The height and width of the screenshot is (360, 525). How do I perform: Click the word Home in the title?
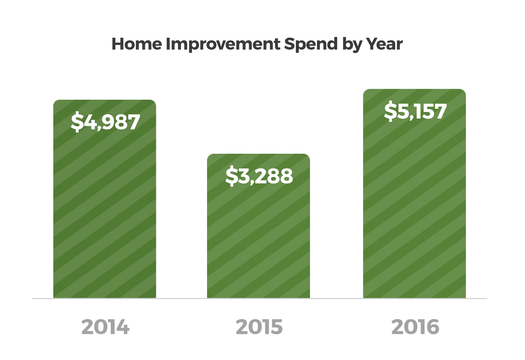click(x=137, y=44)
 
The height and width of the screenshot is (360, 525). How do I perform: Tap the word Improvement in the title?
click(x=223, y=45)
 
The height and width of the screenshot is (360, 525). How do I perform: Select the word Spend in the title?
click(x=311, y=45)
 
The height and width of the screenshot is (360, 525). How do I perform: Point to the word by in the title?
click(x=351, y=45)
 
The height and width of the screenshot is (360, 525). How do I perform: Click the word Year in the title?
click(x=384, y=44)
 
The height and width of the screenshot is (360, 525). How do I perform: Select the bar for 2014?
click(x=104, y=199)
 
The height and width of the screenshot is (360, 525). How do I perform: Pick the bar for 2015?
click(x=258, y=226)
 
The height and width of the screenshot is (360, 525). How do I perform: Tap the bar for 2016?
click(x=414, y=194)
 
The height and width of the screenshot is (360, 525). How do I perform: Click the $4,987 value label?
click(x=105, y=122)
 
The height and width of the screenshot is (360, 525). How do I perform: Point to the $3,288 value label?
click(x=259, y=176)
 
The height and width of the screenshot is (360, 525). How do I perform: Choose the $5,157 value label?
click(x=415, y=111)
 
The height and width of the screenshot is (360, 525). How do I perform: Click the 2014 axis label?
click(x=105, y=327)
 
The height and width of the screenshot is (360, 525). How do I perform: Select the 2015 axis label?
click(x=259, y=327)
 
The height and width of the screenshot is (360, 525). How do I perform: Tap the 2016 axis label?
click(x=415, y=327)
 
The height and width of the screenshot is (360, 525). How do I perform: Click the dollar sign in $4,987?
click(x=77, y=122)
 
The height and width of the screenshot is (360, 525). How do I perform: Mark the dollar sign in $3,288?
click(x=232, y=176)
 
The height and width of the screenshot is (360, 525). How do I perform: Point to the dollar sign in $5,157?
click(x=390, y=111)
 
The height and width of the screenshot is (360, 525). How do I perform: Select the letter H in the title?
click(x=119, y=44)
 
